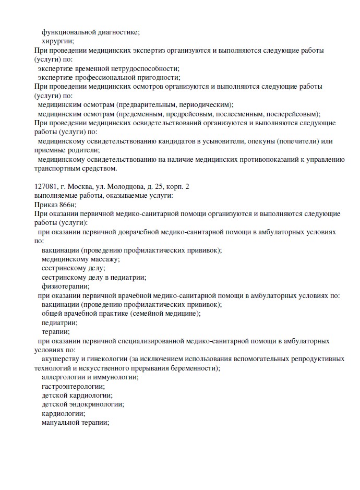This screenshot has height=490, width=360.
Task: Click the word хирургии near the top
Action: pyautogui.click(x=57, y=41)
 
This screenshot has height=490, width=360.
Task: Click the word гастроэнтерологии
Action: pyautogui.click(x=73, y=386)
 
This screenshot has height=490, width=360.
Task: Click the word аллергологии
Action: pyautogui.click(x=63, y=377)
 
